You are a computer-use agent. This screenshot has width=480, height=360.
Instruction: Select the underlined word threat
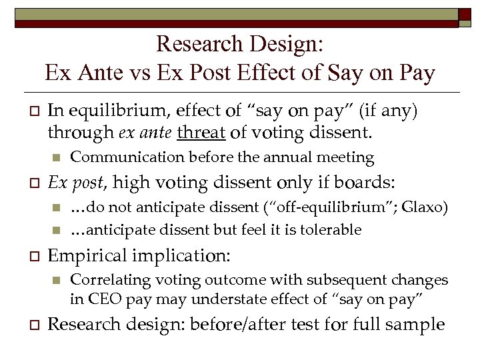click(x=202, y=133)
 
